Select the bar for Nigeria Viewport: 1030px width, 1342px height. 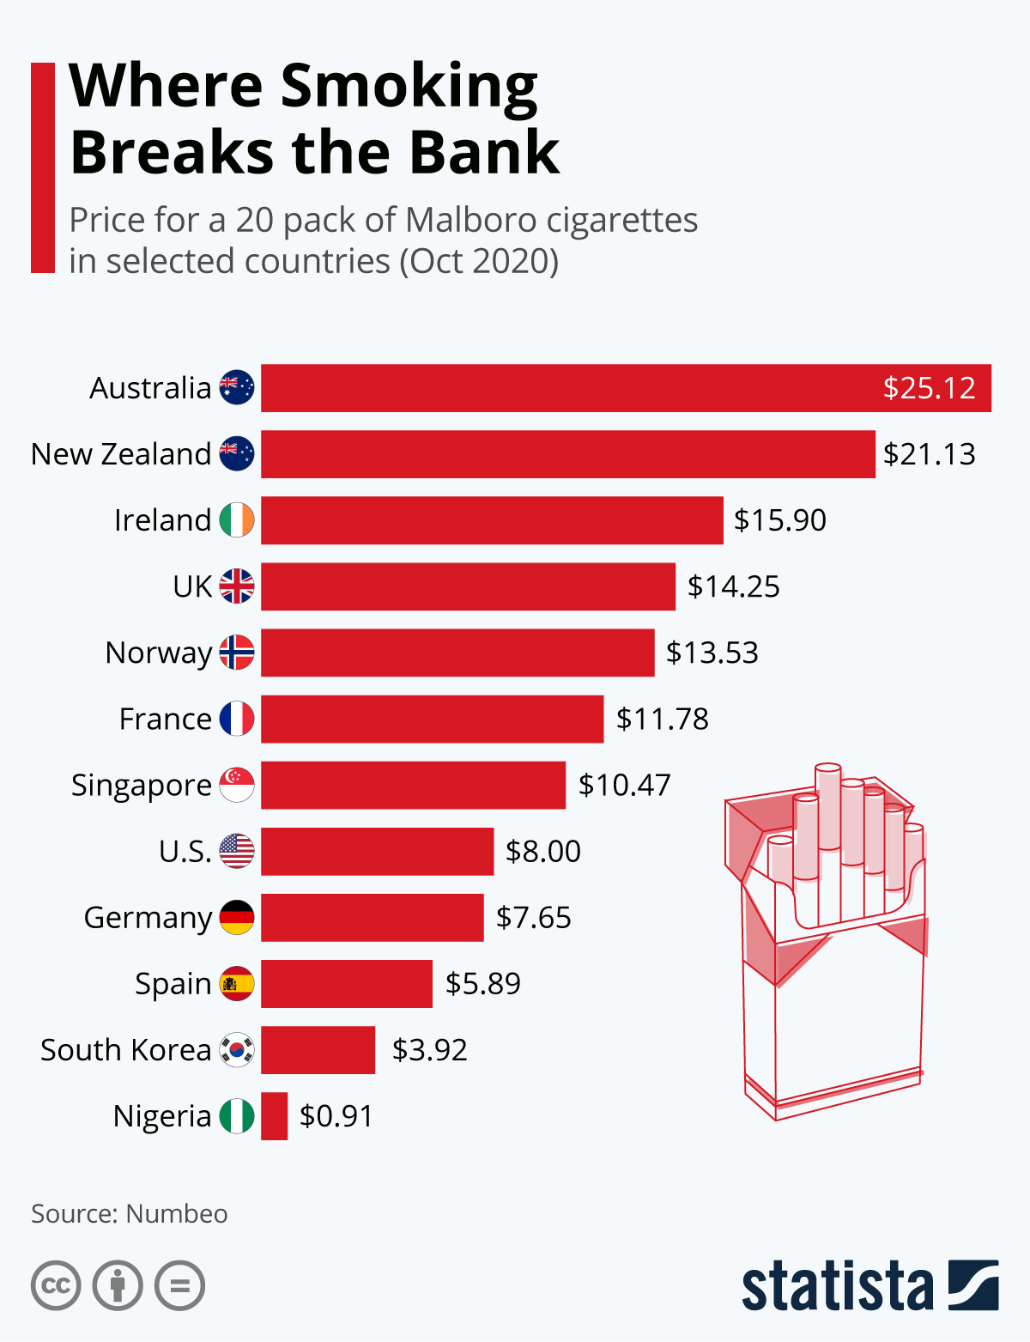coord(275,1116)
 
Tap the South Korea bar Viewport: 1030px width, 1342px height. coord(318,1050)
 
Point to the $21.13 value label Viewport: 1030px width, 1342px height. coord(930,454)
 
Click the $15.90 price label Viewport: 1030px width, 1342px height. coord(780,520)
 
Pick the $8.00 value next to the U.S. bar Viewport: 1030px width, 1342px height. coord(543,852)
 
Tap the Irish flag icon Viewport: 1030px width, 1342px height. coord(237,520)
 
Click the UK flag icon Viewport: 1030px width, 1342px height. coord(237,586)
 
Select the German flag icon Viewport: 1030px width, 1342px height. coord(237,918)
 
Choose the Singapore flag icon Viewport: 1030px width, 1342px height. coord(237,785)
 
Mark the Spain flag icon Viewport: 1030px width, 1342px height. coord(237,984)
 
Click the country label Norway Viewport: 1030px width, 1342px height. coord(159,653)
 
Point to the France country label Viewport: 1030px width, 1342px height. coord(165,720)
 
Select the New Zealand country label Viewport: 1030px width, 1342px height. coord(121,454)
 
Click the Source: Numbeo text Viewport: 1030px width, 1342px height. coord(130,1214)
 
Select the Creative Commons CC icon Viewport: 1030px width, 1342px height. coord(56,1286)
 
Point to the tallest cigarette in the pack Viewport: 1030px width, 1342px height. coord(828,807)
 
